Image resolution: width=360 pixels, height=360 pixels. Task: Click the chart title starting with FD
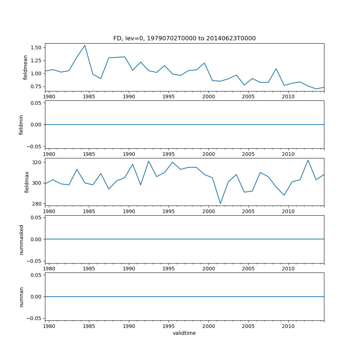184,39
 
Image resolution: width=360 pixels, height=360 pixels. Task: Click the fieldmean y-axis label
26,67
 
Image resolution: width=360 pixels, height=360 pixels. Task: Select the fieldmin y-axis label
21,125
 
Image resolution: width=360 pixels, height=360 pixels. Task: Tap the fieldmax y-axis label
26,182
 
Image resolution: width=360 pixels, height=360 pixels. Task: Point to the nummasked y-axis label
21,239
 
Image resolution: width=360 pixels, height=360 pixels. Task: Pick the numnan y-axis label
21,297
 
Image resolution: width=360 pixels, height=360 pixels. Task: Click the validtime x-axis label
184,333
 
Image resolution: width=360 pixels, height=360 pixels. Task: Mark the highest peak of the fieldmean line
85,45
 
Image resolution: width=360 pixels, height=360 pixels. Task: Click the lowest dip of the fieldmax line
220,203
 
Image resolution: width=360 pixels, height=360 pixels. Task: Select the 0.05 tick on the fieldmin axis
36,103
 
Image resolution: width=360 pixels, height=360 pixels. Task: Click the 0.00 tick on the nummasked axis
36,239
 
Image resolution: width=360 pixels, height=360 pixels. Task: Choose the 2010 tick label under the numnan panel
288,327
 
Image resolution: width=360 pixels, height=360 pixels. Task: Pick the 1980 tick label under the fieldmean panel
49,97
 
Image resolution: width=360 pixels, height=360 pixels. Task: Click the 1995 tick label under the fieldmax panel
169,212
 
